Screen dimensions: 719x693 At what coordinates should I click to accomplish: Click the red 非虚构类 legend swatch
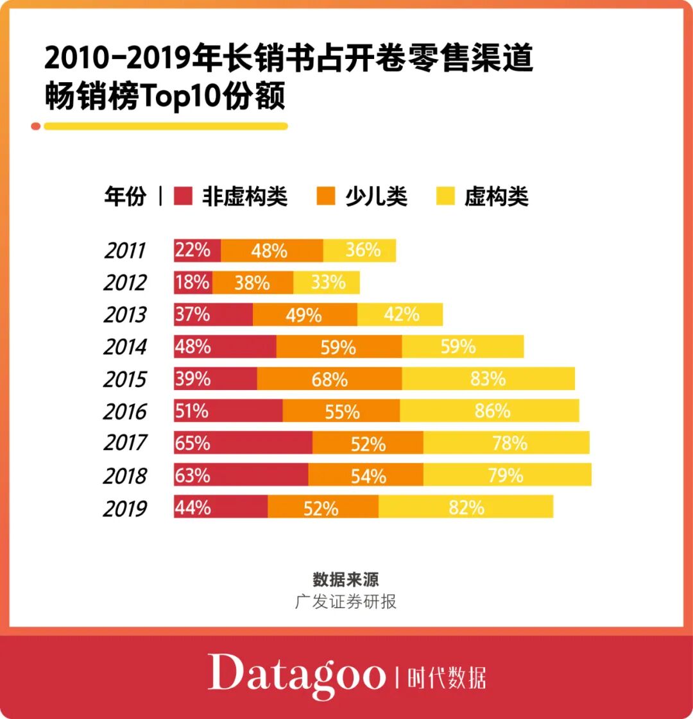183,196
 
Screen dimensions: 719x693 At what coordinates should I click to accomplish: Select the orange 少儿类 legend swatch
326,196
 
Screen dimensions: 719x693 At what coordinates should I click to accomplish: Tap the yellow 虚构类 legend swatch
445,196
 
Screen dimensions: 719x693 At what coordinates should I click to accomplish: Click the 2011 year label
125,251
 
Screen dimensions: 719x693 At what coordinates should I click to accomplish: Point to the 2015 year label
125,379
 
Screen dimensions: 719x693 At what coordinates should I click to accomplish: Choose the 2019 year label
125,508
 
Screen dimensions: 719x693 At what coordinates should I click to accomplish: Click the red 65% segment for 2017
243,443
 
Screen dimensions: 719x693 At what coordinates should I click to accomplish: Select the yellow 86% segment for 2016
489,410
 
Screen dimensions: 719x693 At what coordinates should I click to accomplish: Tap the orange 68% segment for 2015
329,379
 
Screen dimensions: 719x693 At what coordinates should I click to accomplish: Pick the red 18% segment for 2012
193,282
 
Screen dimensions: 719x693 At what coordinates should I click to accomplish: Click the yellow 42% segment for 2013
400,314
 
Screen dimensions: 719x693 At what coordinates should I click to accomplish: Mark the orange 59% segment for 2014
339,347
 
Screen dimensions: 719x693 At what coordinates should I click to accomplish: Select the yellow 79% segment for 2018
507,475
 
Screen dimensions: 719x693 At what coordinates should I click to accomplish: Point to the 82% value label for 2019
466,507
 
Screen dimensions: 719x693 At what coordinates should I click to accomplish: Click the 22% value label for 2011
193,250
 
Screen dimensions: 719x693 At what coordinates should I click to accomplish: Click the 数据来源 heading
346,579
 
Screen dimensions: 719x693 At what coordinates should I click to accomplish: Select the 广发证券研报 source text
346,602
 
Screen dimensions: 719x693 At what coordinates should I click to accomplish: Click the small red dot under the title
36,126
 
